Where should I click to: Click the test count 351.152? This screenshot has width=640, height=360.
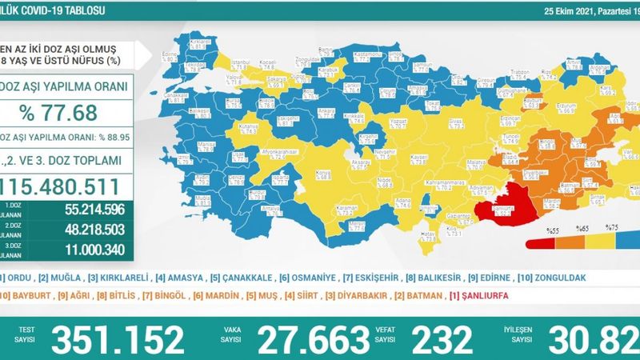click(118, 339)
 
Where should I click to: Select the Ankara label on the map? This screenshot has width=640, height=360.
click(282, 109)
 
